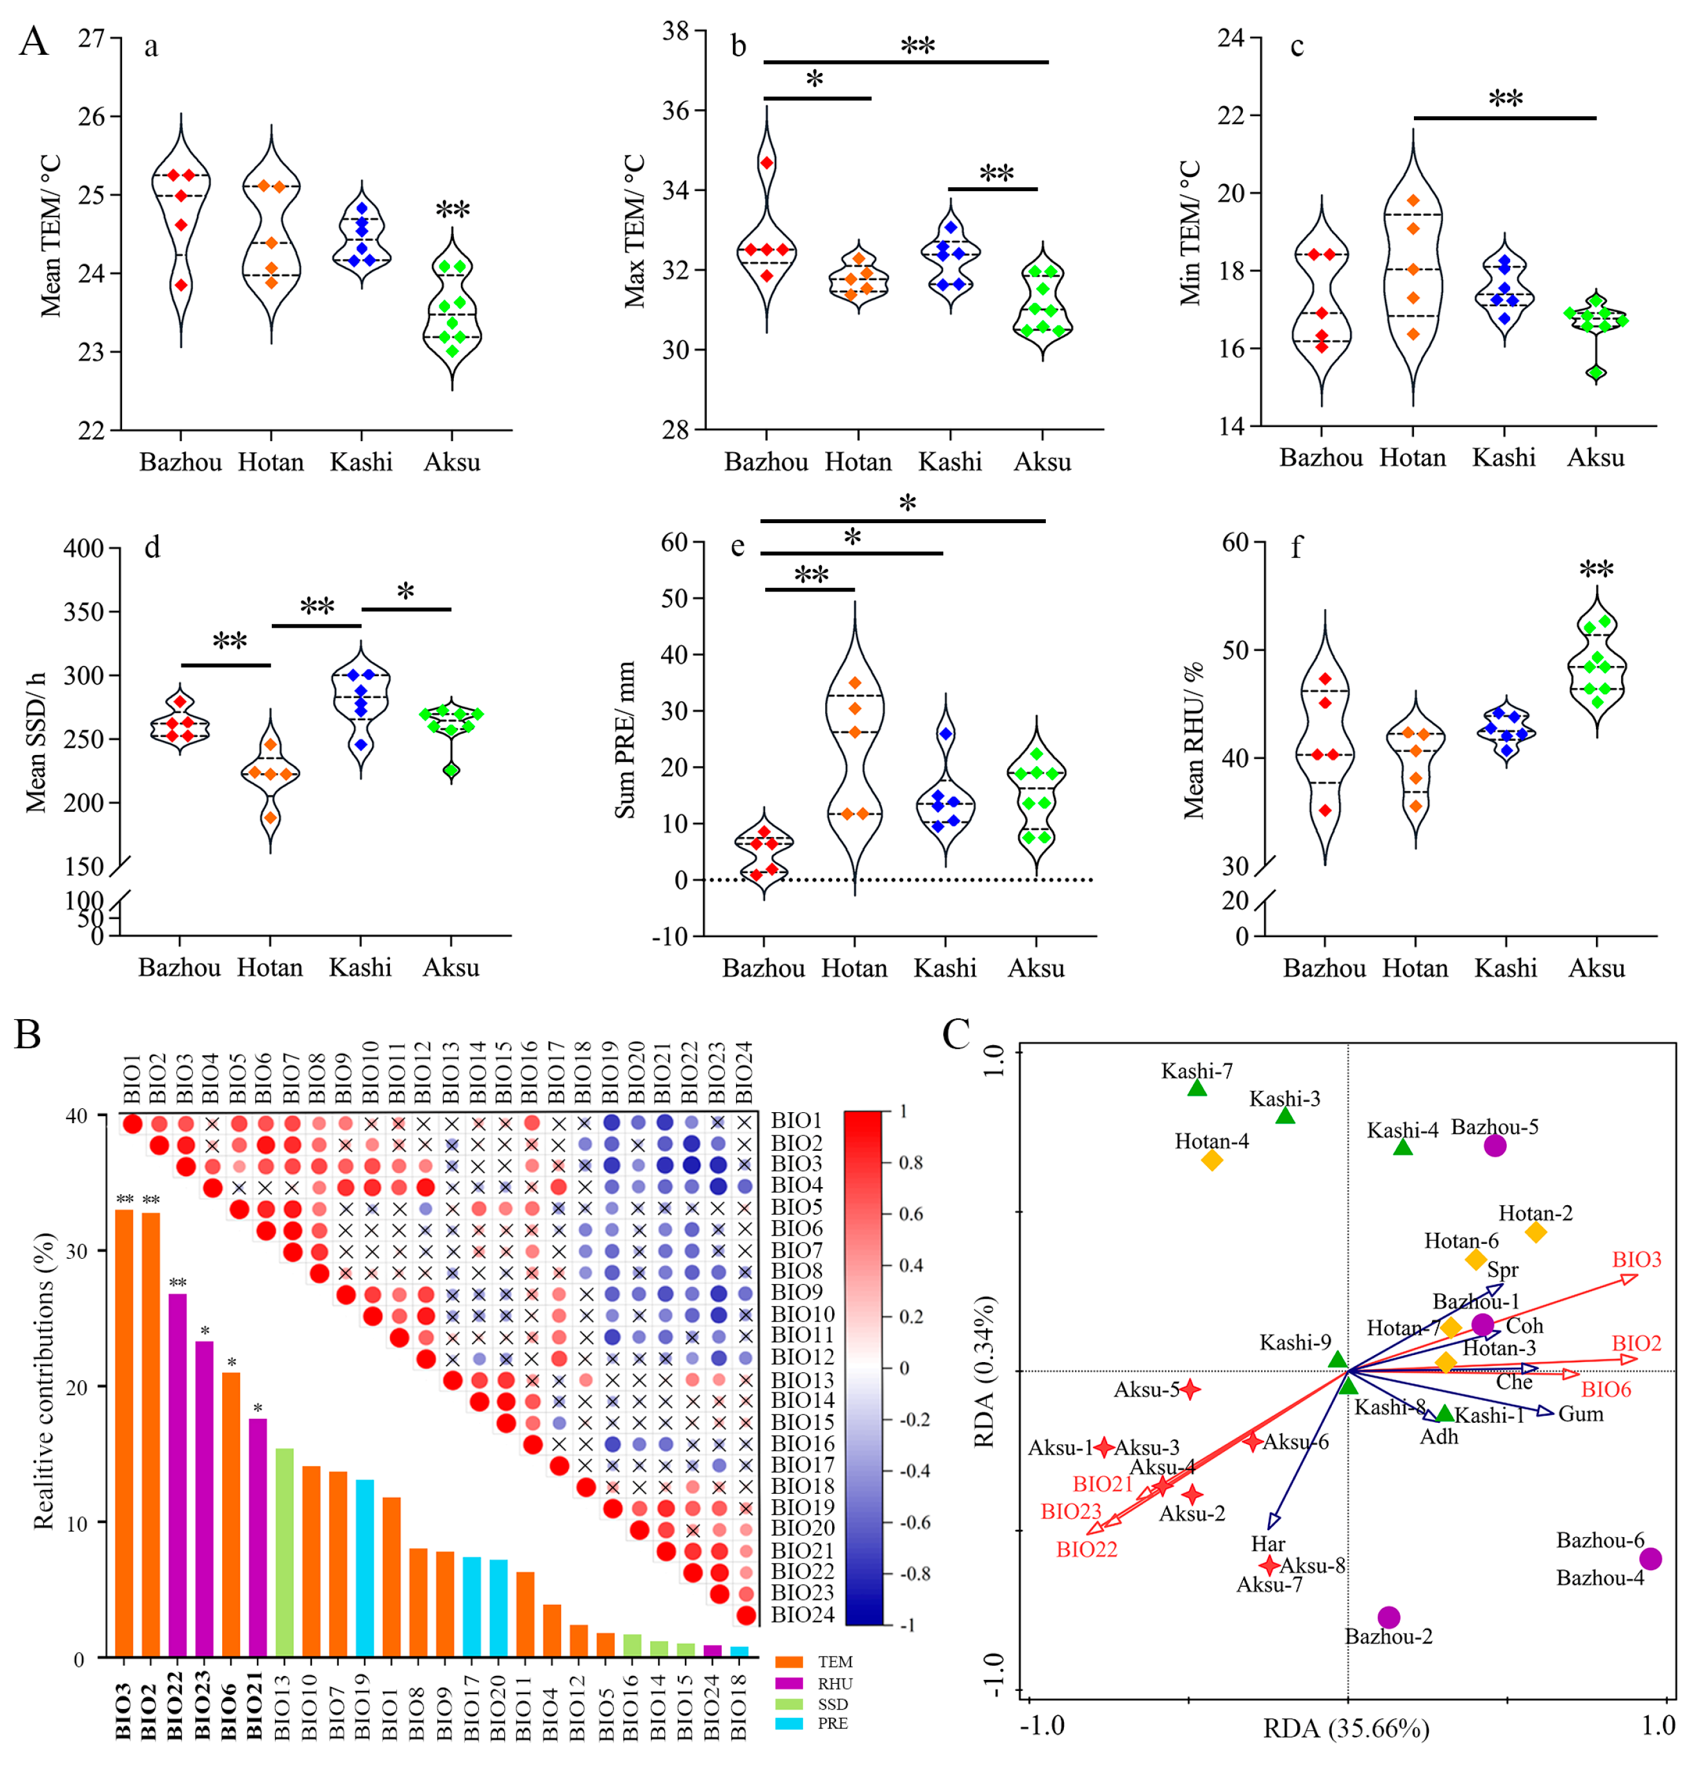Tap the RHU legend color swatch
tap(788, 1683)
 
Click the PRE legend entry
tap(832, 1724)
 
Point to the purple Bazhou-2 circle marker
tap(1389, 1617)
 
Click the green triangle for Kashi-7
tap(1196, 1088)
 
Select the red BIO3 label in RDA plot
tap(1636, 1259)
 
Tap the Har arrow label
tap(1267, 1544)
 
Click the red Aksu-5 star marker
tap(1190, 1389)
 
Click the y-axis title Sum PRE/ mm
tap(624, 740)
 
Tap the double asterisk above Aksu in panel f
tap(1596, 570)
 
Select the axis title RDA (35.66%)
tap(1345, 1728)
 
